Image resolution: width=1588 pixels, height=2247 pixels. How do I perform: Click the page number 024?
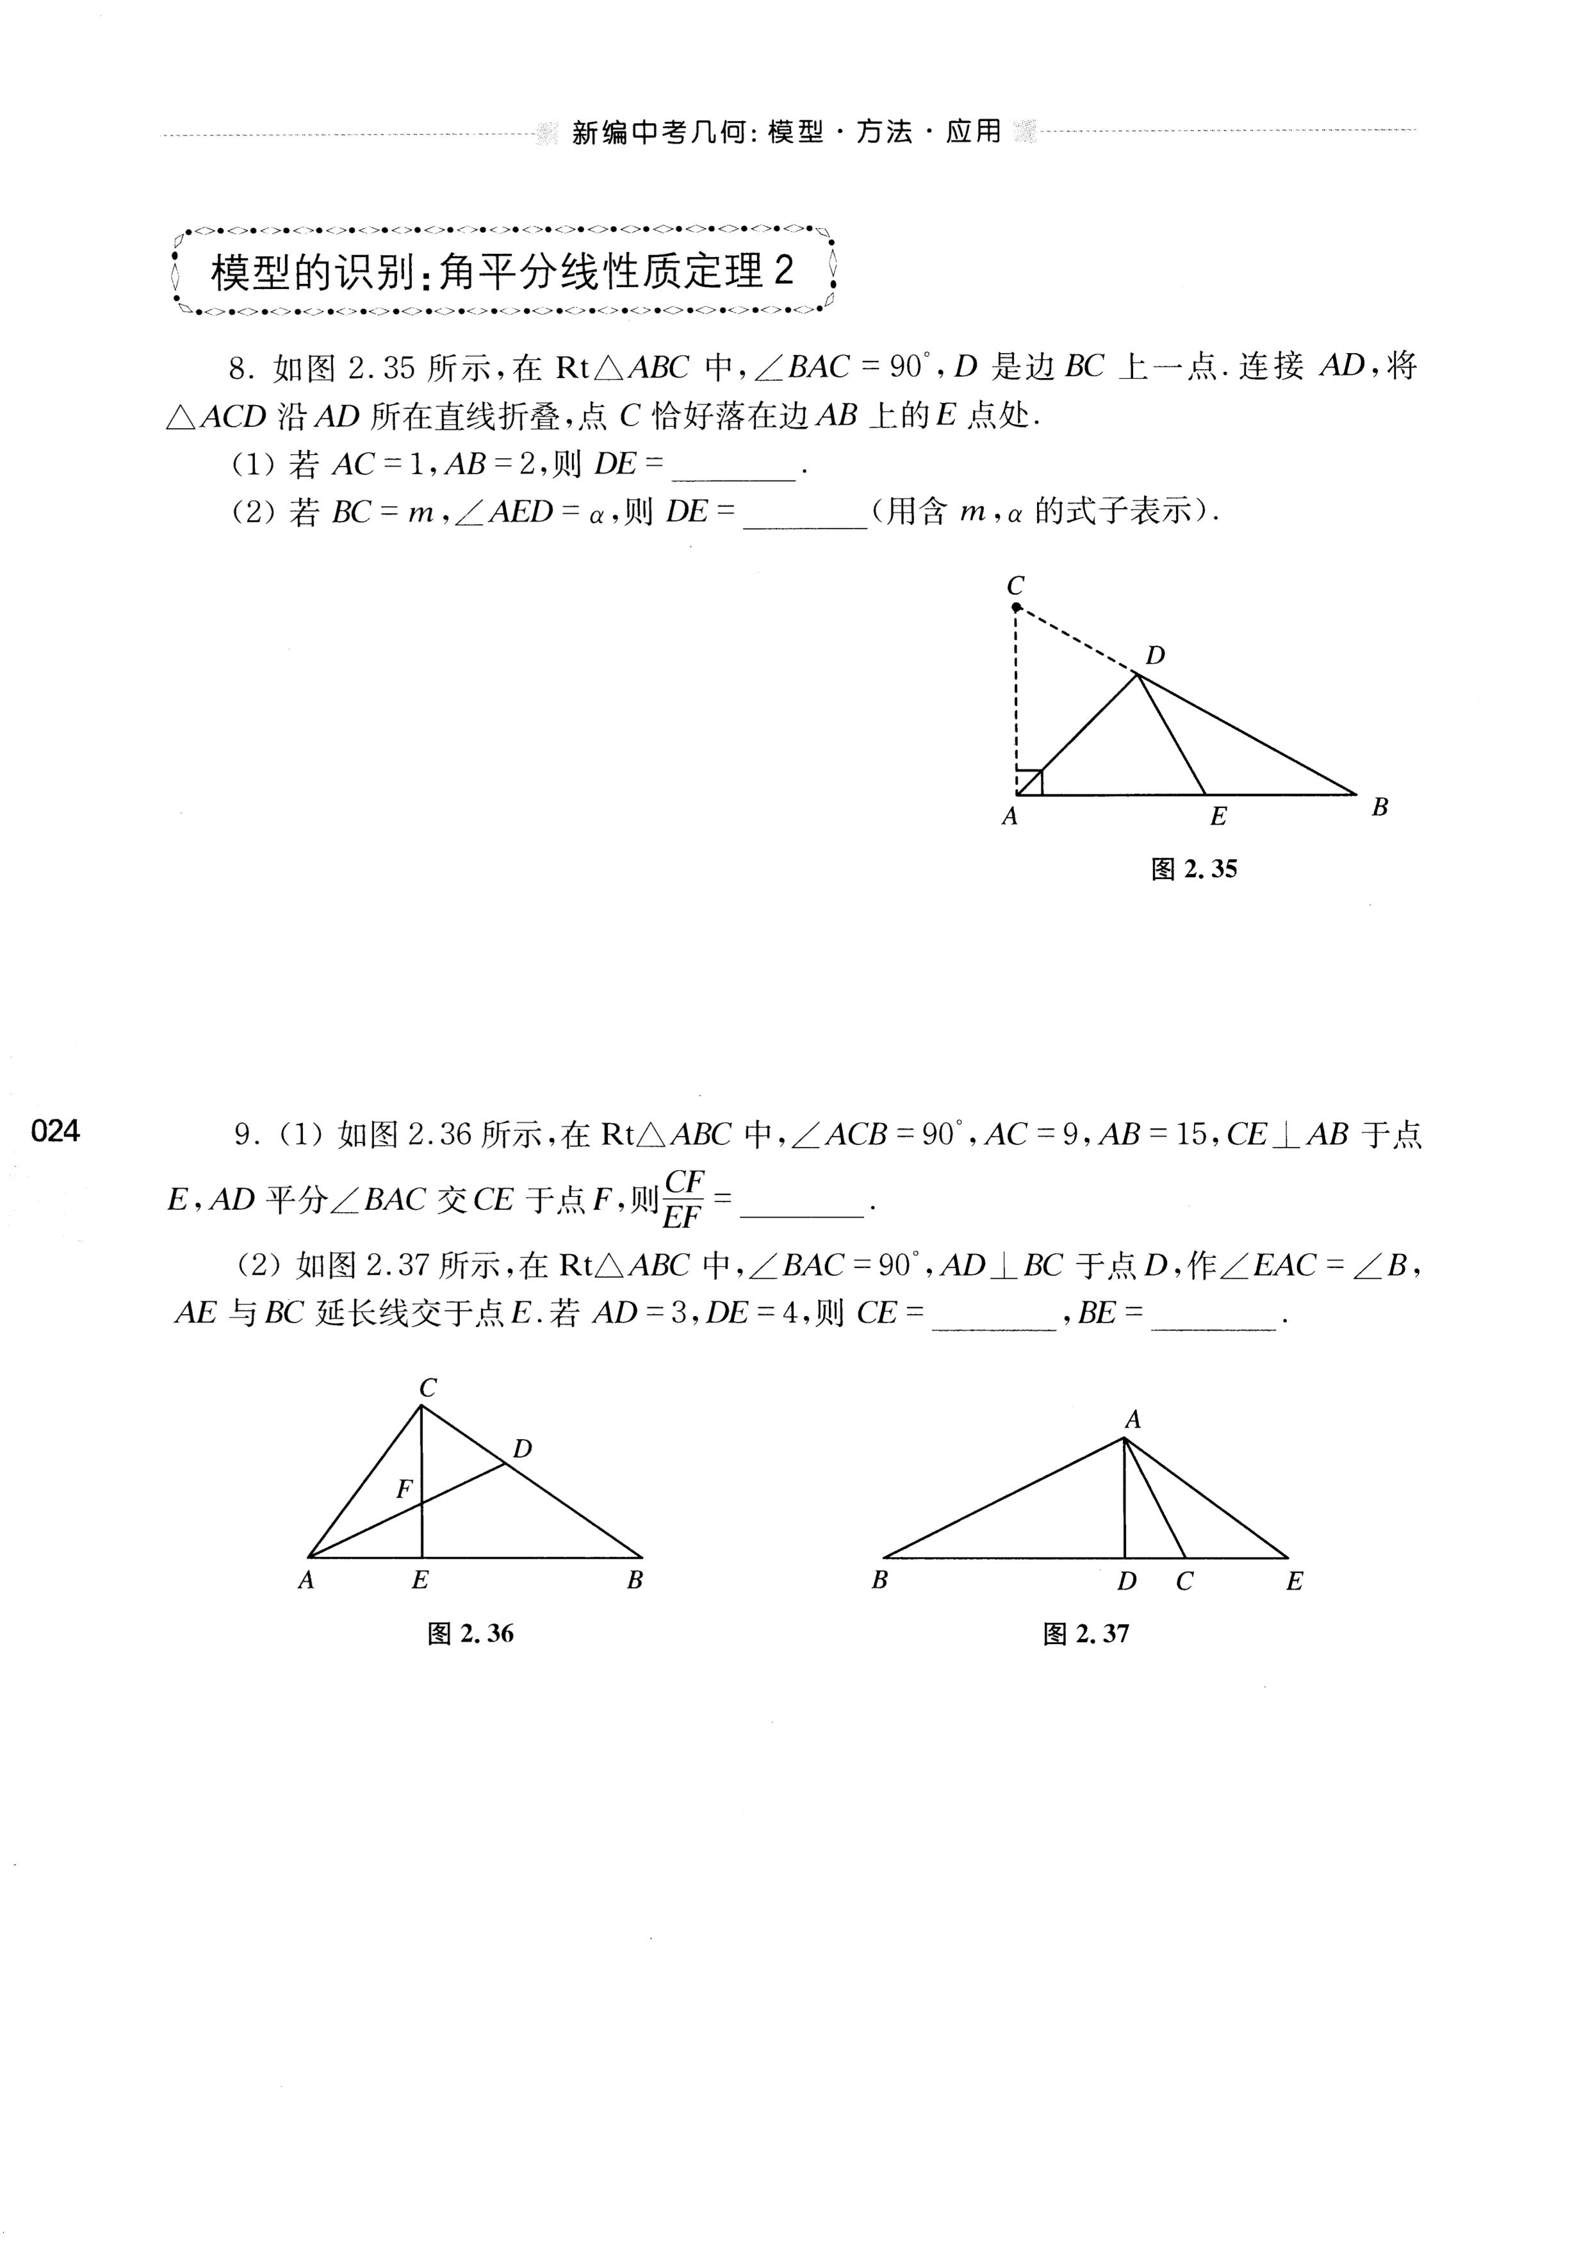click(x=55, y=1132)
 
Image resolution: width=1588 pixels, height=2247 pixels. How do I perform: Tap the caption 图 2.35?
click(x=1193, y=869)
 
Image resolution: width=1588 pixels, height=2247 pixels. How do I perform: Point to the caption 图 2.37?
click(x=1086, y=1633)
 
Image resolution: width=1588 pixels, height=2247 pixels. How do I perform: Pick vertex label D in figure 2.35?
click(x=1156, y=655)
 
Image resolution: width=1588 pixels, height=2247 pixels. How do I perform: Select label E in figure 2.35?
click(x=1218, y=816)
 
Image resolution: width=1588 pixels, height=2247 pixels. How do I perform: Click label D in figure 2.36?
click(x=523, y=1449)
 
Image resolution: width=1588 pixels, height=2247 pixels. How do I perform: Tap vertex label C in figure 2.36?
click(x=427, y=1388)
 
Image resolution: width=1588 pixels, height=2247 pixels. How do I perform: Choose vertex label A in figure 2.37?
click(x=1133, y=1420)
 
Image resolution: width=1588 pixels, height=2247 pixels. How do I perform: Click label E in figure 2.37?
click(x=1295, y=1581)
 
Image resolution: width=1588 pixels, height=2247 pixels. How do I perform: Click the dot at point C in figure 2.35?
click(x=1017, y=608)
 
